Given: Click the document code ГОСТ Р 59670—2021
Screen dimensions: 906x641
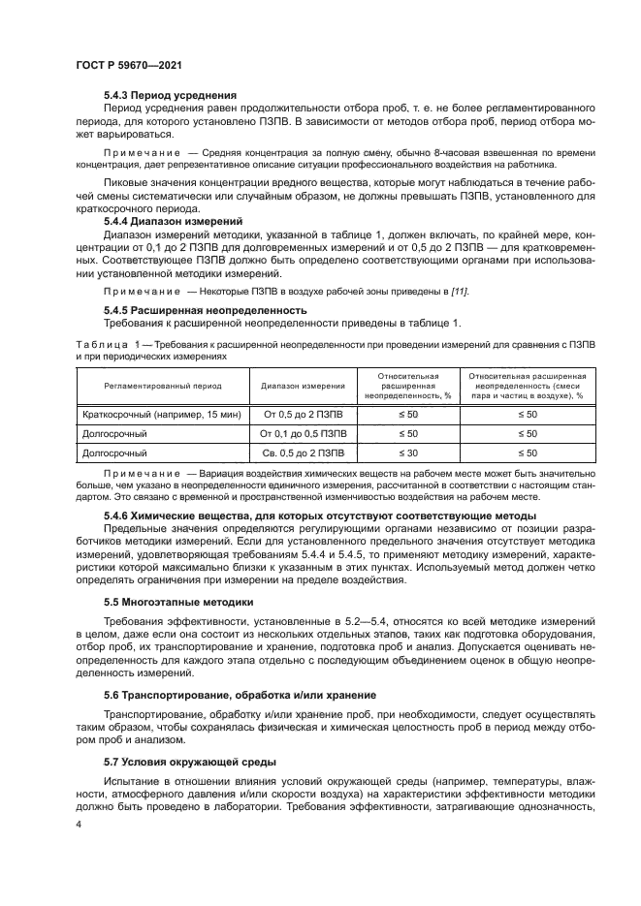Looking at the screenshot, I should [129, 63].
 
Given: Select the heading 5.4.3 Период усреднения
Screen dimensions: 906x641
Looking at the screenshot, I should [170, 95].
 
